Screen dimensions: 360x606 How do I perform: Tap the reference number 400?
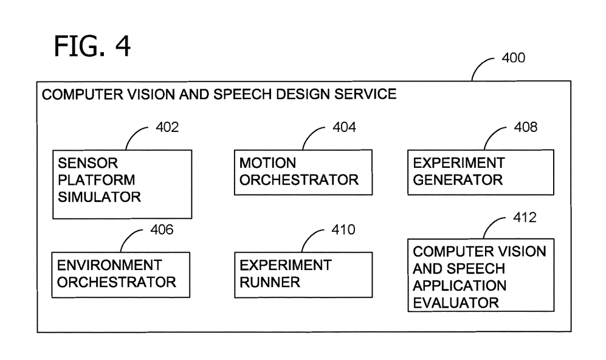[x=514, y=59]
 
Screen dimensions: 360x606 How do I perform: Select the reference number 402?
[x=167, y=128]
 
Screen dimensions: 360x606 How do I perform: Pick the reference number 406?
[x=161, y=230]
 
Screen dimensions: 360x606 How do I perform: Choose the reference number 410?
[x=342, y=230]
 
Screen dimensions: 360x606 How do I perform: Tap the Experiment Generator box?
[x=480, y=172]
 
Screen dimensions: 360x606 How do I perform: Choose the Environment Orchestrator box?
[x=115, y=274]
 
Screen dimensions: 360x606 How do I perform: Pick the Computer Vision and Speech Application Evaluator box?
[x=480, y=275]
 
